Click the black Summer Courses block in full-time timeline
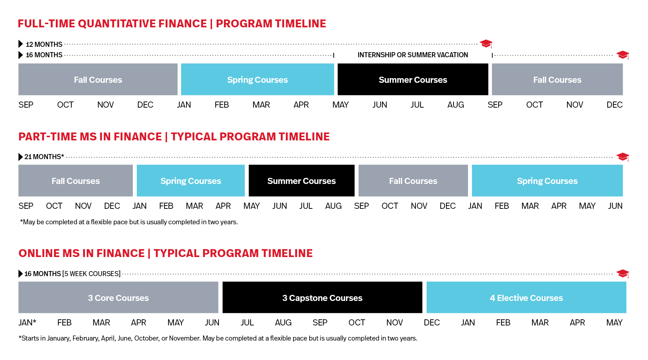413,80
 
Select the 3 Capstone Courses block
322,298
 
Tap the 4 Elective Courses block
526,298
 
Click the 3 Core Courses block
118,298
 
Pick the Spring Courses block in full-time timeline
257,80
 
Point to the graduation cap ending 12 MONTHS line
486,44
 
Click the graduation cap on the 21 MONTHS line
622,157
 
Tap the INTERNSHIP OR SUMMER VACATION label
413,55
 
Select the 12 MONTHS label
44,44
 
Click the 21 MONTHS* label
44,157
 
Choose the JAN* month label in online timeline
27,323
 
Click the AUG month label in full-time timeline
455,105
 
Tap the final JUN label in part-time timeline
615,206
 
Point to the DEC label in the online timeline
432,323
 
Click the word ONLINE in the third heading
39,253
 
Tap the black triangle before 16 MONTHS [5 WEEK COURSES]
21,274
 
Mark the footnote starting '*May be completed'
129,222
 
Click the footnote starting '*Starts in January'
218,338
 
